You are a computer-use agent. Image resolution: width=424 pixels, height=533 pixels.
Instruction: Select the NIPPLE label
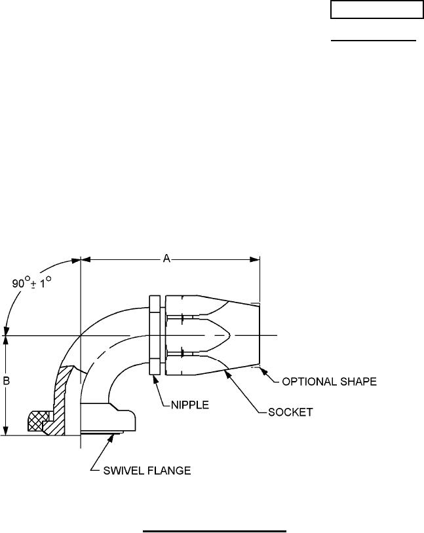[185, 405]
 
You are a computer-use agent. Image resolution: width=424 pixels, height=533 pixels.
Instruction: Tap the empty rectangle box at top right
[376, 10]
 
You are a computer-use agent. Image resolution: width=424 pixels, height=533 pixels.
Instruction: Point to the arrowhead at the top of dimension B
[5, 341]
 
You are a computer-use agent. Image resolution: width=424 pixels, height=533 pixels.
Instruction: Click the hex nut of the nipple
[155, 335]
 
